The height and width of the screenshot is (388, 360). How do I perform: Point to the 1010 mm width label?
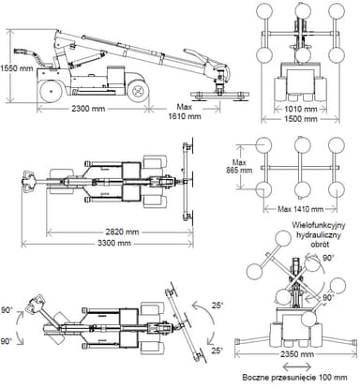tap(296, 108)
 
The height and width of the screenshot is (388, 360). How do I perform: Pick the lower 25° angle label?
tap(217, 351)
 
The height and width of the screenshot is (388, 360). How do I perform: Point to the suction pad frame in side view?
tap(217, 95)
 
